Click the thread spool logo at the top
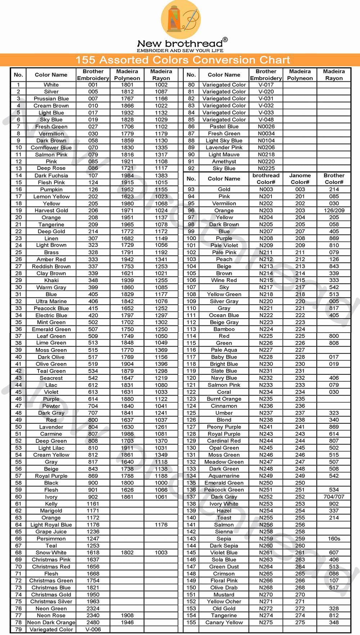tap(181, 19)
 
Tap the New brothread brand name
tap(180, 44)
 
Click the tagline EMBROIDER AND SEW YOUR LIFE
tap(180, 51)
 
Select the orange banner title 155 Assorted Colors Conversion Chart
tap(183, 60)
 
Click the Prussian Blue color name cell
tap(51, 99)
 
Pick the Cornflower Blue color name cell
tap(51, 148)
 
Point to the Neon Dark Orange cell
tap(51, 622)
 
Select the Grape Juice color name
tap(51, 532)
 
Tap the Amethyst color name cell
tap(224, 162)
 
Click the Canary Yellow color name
tap(224, 622)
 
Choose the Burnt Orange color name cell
tap(224, 399)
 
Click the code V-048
tap(266, 120)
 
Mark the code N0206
tap(266, 148)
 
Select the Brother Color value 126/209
tap(334, 211)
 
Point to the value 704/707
tap(334, 497)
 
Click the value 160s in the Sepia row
tap(334, 539)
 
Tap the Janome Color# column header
tap(300, 179)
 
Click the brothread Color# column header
tap(266, 179)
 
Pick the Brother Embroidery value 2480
tap(93, 622)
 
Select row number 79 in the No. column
tap(18, 630)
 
